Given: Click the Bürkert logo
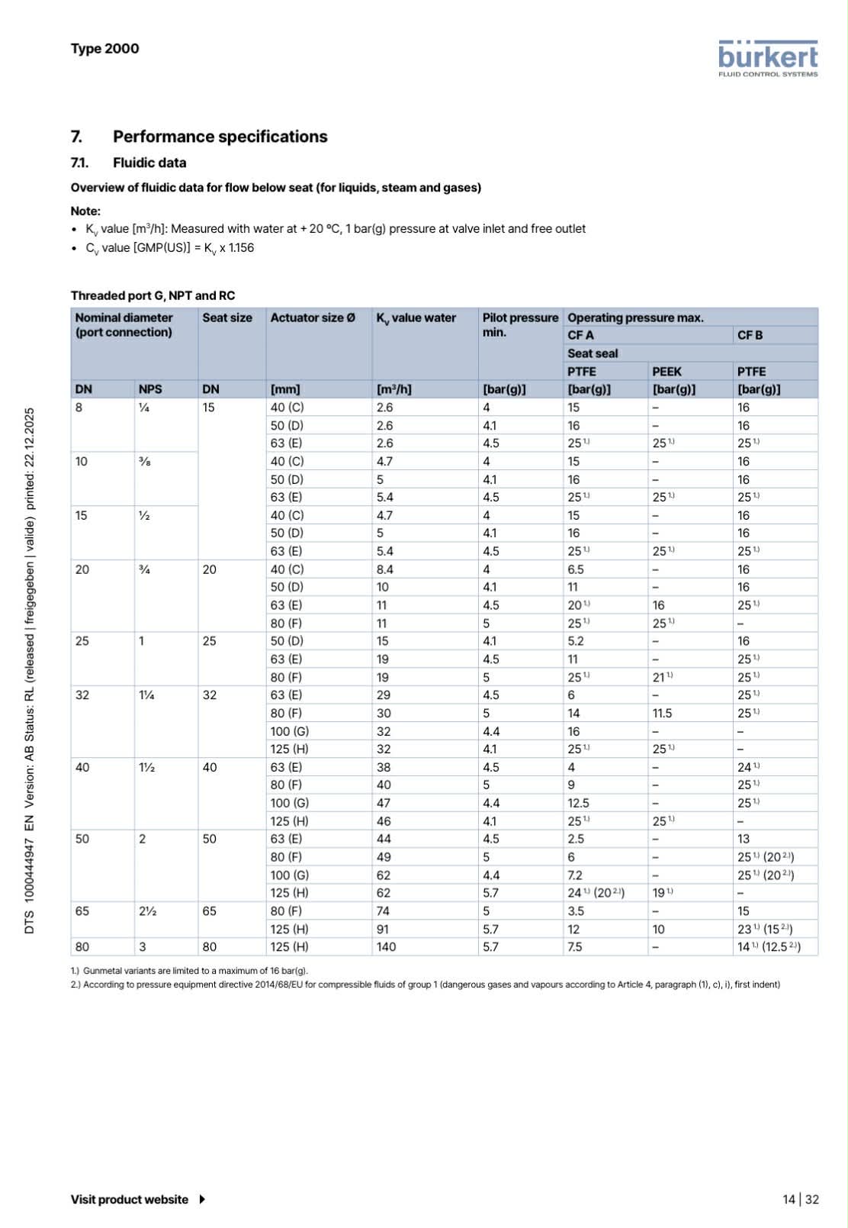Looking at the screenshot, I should pos(767,59).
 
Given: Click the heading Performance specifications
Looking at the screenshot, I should pos(220,137).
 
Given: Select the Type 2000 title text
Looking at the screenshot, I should pos(104,49).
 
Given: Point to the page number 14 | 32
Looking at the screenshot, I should pos(800,1199).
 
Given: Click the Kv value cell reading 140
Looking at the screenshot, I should pos(387,947).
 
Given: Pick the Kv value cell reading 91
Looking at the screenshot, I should pos(383,929).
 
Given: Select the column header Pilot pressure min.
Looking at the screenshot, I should pos(519,324).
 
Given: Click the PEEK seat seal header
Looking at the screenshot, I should pos(667,372).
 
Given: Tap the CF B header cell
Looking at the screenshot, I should pos(750,335).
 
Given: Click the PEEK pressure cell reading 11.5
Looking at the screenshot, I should pos(662,713).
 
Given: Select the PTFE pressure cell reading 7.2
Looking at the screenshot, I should pos(575,875).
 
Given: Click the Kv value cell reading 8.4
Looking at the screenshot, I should pos(385,569).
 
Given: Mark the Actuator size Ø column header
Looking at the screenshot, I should pos(313,317).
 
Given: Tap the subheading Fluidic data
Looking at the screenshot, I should pos(149,163).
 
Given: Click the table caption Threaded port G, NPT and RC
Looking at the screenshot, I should pos(153,295).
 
